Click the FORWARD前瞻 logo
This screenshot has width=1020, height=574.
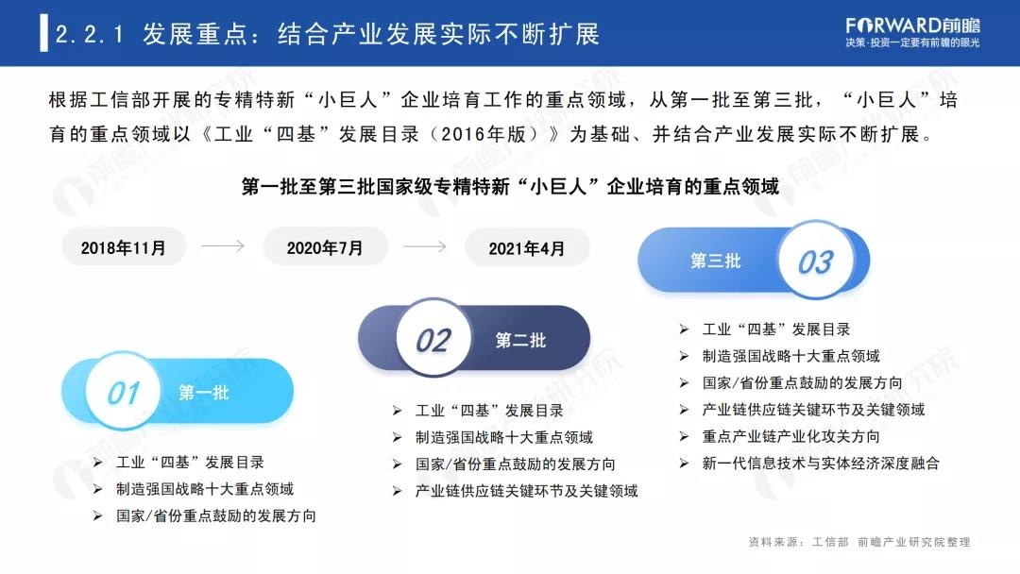coord(912,32)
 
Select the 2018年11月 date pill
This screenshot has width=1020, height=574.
coord(124,247)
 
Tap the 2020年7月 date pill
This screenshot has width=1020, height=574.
coord(325,247)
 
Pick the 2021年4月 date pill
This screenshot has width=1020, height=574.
coord(527,247)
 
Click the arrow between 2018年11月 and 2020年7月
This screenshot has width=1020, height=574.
coord(223,245)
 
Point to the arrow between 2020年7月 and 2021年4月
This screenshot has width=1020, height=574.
coord(424,246)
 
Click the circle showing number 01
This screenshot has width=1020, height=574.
coord(123,392)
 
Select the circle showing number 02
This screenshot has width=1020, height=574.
coord(433,339)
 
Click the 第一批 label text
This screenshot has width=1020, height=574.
coord(204,392)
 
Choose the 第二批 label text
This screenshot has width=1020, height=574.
coord(520,340)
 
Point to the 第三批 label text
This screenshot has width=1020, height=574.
coord(716,262)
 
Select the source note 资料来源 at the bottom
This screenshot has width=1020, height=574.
coord(859,542)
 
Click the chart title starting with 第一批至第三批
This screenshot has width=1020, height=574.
coord(510,187)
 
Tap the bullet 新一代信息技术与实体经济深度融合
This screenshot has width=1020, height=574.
coord(821,463)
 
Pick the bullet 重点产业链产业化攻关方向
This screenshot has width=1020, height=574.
coord(791,436)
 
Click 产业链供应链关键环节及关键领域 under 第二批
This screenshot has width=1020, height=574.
coord(527,491)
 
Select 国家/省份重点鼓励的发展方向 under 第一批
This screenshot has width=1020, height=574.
coord(216,515)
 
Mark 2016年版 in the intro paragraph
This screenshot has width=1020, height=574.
coord(484,135)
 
